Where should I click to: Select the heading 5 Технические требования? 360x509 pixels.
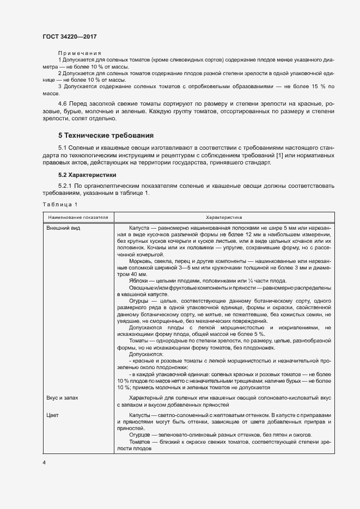[x=106, y=135]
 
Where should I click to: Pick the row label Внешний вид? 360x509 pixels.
[x=63, y=228]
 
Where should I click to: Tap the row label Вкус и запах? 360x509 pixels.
[x=63, y=398]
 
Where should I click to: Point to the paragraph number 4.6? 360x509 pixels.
[x=63, y=103]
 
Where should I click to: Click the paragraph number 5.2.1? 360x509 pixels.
[x=66, y=186]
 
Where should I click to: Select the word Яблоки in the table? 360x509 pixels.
[x=138, y=281]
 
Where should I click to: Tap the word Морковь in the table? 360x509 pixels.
[x=142, y=261]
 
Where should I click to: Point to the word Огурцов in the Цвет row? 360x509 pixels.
[x=141, y=434]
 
